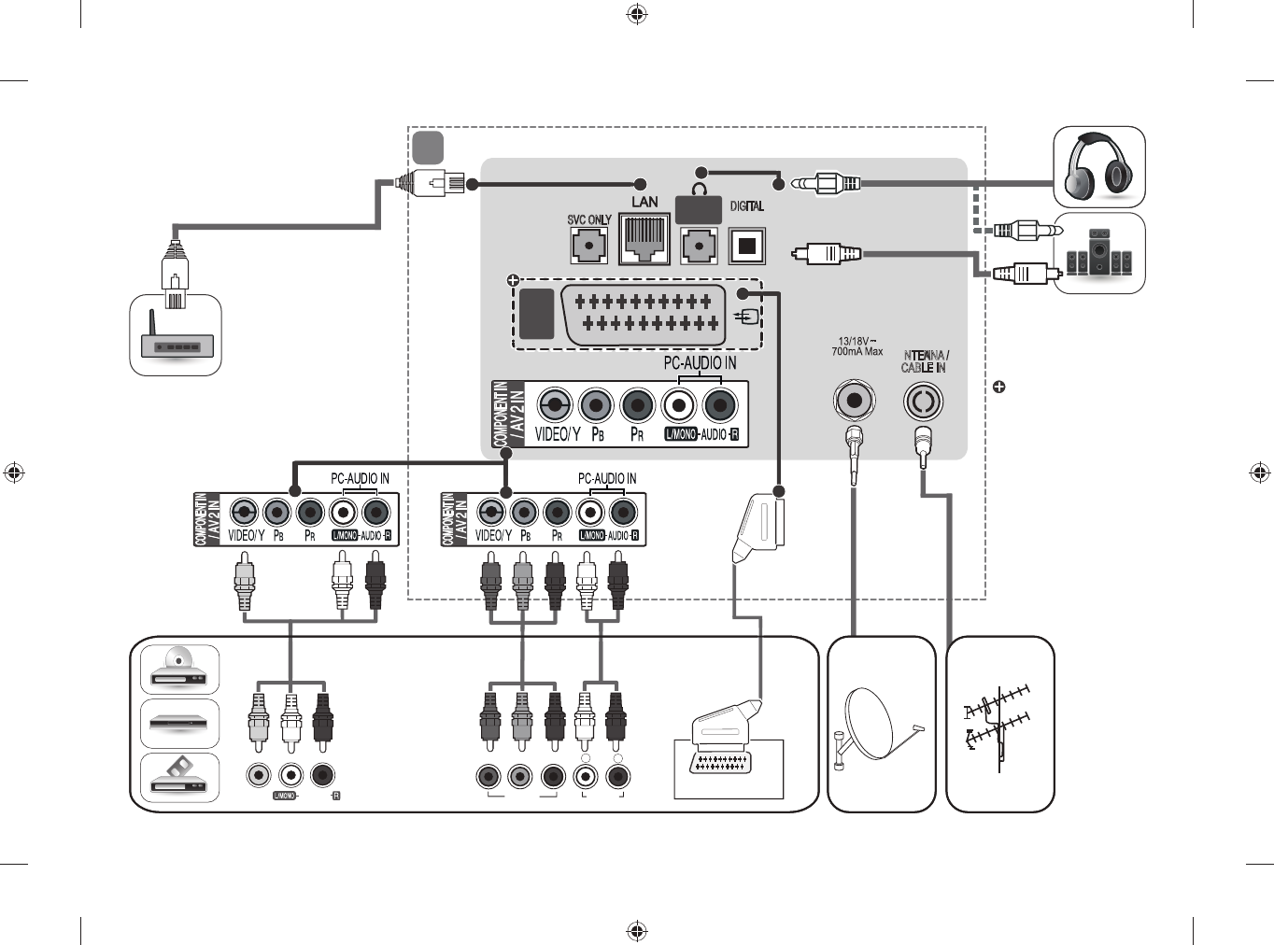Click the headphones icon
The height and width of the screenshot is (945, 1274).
1099,167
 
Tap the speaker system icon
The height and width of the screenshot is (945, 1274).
1099,253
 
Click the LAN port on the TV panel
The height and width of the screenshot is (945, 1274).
644,239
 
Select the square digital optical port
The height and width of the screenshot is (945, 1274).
746,247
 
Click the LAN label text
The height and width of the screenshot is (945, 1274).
644,202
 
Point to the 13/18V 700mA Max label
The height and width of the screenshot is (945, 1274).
856,346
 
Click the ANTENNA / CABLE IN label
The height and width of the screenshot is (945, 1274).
925,361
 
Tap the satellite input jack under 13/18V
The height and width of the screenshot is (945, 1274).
854,401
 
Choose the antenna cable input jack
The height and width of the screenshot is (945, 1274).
923,402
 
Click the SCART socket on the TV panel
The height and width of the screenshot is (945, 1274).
644,315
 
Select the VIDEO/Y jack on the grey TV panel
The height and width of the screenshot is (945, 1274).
555,405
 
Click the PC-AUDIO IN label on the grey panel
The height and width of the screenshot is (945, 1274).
700,362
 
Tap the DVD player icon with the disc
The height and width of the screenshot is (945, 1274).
179,668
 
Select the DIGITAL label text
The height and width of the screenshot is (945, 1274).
746,206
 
